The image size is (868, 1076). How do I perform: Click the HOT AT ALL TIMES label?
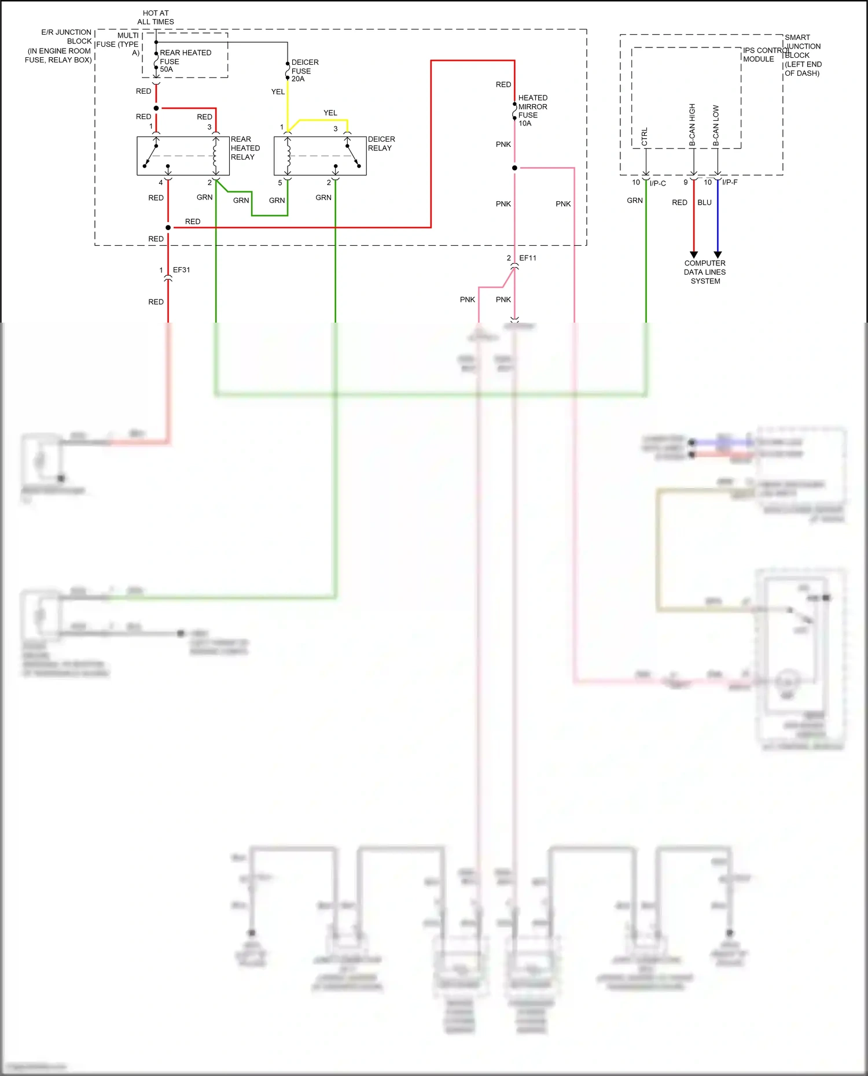pyautogui.click(x=156, y=17)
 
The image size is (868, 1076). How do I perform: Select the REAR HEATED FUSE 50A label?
pyautogui.click(x=185, y=61)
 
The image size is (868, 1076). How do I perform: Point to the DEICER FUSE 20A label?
pyautogui.click(x=304, y=70)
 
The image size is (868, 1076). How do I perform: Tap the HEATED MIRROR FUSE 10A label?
pyautogui.click(x=532, y=110)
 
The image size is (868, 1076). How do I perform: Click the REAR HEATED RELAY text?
pyautogui.click(x=245, y=148)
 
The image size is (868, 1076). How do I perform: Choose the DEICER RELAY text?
pyautogui.click(x=381, y=143)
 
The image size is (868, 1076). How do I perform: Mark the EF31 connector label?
pyautogui.click(x=181, y=270)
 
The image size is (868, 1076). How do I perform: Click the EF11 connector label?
pyautogui.click(x=527, y=258)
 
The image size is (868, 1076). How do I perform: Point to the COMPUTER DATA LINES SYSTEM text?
pyautogui.click(x=705, y=272)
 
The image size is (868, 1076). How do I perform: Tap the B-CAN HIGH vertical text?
pyautogui.click(x=692, y=124)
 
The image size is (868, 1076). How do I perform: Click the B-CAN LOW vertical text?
pyautogui.click(x=716, y=125)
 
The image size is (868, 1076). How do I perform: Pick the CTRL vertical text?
pyautogui.click(x=645, y=136)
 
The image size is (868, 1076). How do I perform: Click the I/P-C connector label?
pyautogui.click(x=657, y=183)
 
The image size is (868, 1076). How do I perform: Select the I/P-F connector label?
pyautogui.click(x=730, y=182)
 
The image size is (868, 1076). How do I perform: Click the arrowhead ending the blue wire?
pyautogui.click(x=718, y=254)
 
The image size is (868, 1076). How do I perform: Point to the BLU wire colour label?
pyautogui.click(x=704, y=202)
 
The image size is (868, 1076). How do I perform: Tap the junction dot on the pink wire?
pyautogui.click(x=514, y=168)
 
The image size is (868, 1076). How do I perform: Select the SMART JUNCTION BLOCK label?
pyautogui.click(x=802, y=55)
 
